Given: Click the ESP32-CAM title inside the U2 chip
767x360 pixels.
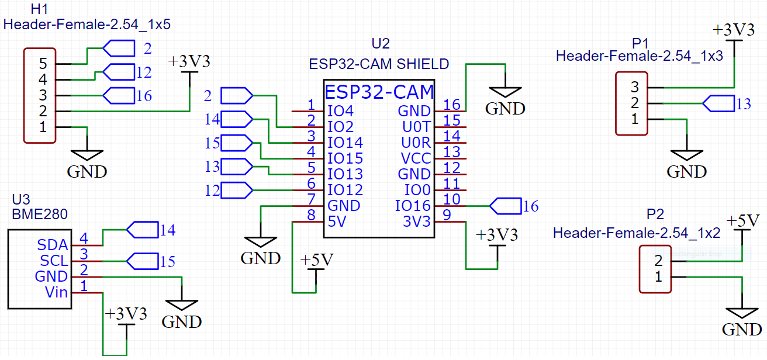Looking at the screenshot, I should point(379,92).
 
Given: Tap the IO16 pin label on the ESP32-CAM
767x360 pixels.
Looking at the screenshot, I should point(413,206).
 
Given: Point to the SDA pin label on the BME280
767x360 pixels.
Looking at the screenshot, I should point(53,245).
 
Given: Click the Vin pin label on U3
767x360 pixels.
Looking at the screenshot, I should point(56,292).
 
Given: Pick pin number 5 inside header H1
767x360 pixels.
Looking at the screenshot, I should point(43,63).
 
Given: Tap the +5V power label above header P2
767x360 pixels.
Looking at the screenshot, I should point(742,221).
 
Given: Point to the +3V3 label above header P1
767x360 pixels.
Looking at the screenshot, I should point(733,31).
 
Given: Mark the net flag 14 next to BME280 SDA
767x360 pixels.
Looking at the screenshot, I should point(142,230).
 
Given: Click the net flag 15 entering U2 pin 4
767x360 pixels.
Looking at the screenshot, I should point(237,143).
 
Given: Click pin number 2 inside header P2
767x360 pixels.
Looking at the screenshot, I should point(658,261).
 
